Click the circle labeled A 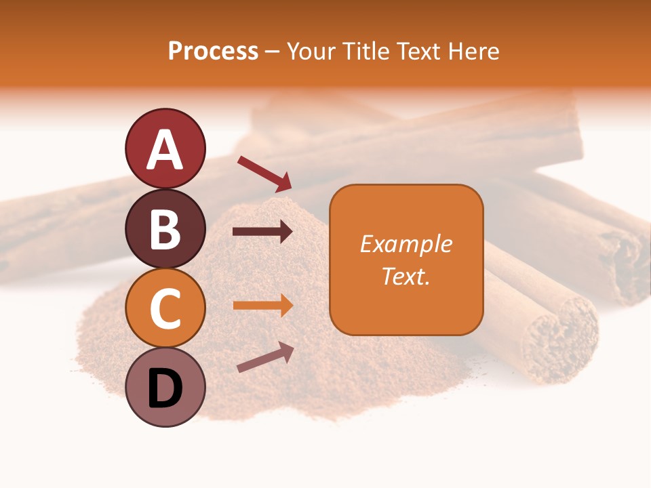click(x=165, y=148)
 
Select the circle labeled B click(x=165, y=228)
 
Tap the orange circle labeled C click(x=165, y=308)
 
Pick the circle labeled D click(x=165, y=388)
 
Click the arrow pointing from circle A click(x=264, y=172)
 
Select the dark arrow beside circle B click(x=262, y=232)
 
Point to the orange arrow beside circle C click(x=262, y=305)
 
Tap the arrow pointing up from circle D click(x=265, y=357)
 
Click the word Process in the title click(x=213, y=52)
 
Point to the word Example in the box click(x=406, y=244)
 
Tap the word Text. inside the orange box click(x=406, y=276)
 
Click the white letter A click(x=165, y=150)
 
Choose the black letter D click(x=165, y=388)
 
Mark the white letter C click(x=165, y=309)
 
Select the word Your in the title click(x=309, y=52)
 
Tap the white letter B click(x=165, y=229)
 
